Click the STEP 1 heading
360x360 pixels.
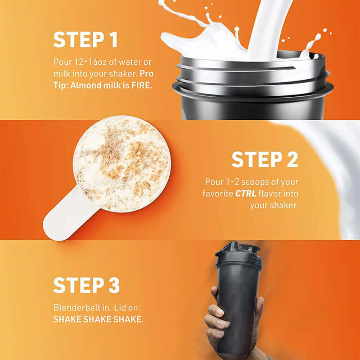pyautogui.click(x=85, y=40)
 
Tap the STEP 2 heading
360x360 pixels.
pyautogui.click(x=265, y=159)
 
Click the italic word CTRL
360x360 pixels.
pyautogui.click(x=245, y=194)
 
